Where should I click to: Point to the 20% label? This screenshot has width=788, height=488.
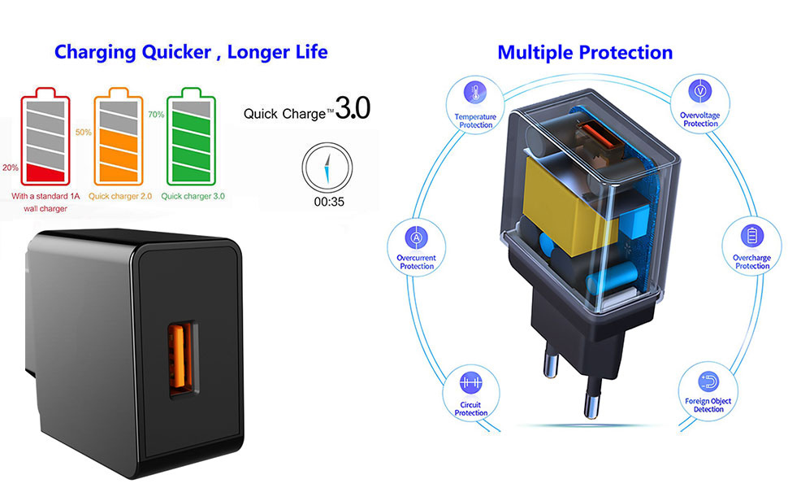point(11,168)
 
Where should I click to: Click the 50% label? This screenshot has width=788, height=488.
point(83,132)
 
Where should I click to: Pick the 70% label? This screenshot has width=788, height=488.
point(156,115)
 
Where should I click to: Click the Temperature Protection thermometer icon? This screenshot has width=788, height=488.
point(474,92)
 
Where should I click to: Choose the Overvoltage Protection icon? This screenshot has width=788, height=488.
point(699,90)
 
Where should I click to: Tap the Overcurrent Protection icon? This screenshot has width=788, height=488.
point(416,237)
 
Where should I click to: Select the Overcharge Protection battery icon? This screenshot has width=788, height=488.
point(751,236)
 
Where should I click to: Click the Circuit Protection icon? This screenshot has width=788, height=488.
point(470,381)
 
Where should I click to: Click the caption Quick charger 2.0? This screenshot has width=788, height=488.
point(121,196)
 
